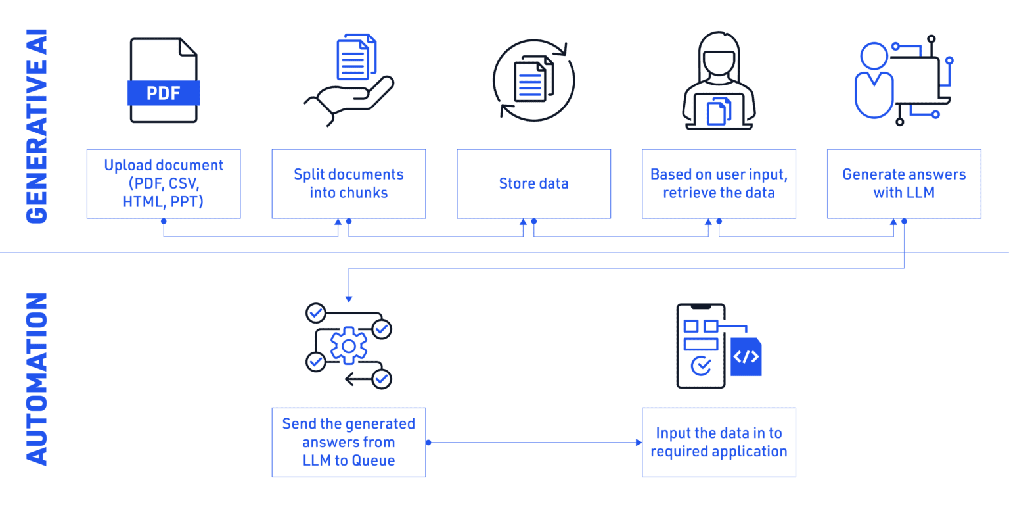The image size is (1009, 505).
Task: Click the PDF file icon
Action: coord(164,80)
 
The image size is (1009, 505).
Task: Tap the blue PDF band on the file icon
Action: coord(164,93)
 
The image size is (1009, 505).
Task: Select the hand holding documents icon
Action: coord(349,79)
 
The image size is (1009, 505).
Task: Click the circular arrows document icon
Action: coord(533,80)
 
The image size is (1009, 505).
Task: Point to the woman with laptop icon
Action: coord(719,80)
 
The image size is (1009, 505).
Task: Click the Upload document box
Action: coord(164,183)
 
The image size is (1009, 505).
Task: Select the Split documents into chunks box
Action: coord(349,183)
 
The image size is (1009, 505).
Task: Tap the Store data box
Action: coord(533,183)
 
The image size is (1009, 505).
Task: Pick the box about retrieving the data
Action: coord(719,183)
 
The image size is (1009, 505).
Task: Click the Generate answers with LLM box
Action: coord(904,183)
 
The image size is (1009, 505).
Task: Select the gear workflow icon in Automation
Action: coord(349,346)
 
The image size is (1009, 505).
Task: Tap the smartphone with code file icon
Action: coord(717,346)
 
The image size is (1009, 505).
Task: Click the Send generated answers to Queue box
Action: coord(349,443)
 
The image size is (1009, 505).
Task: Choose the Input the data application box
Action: coord(719,443)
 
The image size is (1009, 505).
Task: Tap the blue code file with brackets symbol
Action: coord(746,357)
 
